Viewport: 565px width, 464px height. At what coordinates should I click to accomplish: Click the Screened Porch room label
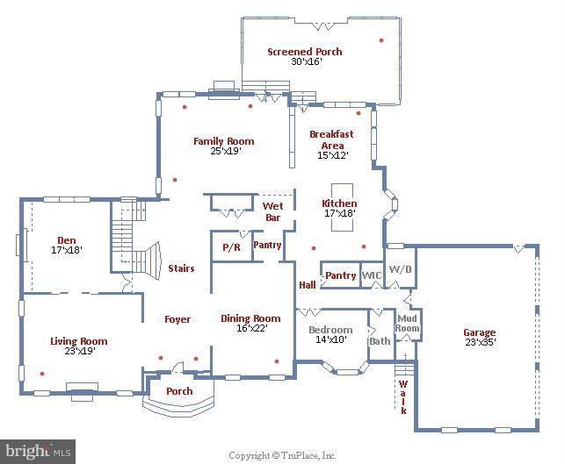click(305, 52)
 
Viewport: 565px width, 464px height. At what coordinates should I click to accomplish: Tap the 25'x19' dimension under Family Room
click(226, 151)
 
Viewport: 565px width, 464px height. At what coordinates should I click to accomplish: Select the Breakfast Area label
click(331, 140)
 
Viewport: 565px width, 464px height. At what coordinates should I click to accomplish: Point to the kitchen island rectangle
click(342, 208)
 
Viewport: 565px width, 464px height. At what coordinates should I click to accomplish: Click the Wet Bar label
click(272, 212)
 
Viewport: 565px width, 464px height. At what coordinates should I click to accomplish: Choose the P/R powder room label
click(231, 247)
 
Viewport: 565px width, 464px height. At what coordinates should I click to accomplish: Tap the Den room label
click(67, 240)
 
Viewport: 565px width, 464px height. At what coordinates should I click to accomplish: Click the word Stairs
click(181, 268)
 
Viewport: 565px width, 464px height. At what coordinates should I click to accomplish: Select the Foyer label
click(177, 319)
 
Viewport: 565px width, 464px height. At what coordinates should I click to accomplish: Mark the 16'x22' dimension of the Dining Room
click(252, 328)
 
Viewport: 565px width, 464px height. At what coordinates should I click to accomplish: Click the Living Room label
click(79, 341)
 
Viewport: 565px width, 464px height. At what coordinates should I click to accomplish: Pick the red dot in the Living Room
click(42, 374)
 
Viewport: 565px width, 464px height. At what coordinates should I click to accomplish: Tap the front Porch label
click(179, 391)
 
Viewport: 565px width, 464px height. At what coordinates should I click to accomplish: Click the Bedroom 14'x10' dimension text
click(331, 339)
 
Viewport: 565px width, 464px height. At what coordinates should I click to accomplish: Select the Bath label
click(380, 341)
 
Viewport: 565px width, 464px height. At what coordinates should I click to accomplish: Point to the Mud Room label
click(407, 323)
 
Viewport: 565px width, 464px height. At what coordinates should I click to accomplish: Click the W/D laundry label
click(401, 269)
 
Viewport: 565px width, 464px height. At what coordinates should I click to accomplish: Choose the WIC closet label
click(372, 275)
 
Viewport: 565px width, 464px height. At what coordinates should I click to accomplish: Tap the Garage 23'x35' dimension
click(481, 342)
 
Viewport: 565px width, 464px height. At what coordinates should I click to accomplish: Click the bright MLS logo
click(38, 452)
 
